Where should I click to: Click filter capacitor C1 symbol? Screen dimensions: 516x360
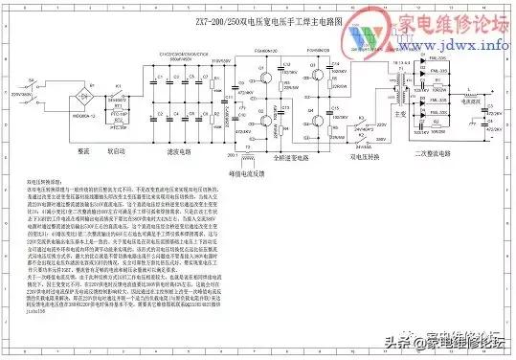[x=168, y=97]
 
